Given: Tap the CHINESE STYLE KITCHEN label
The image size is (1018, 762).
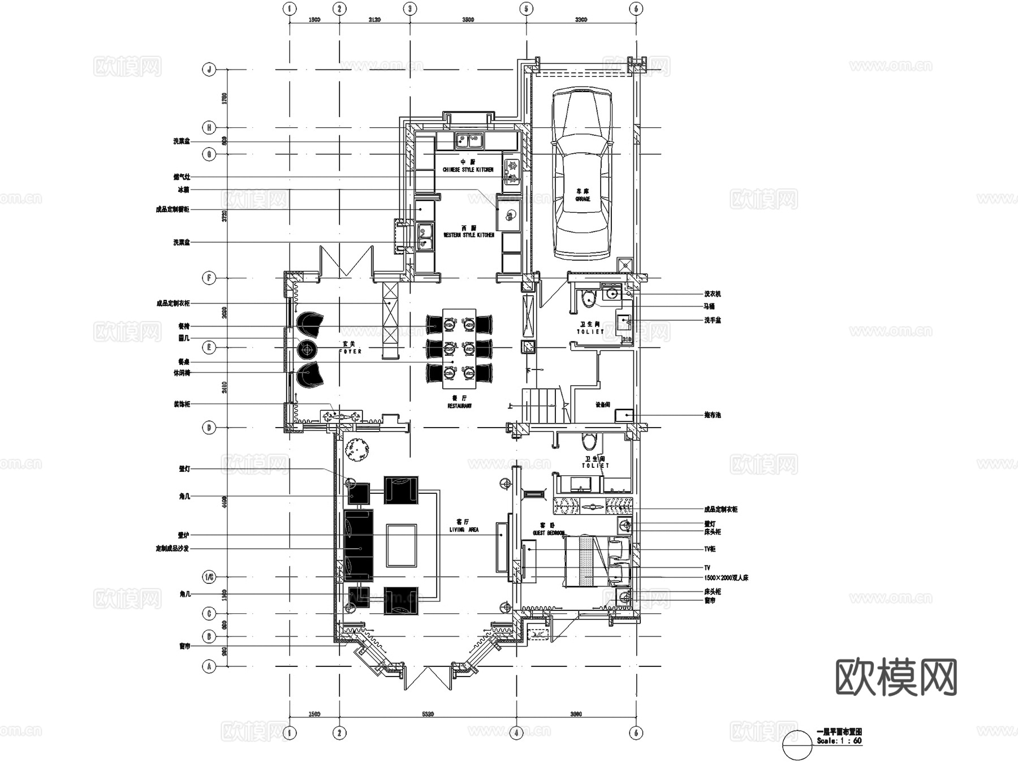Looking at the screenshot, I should click(468, 170).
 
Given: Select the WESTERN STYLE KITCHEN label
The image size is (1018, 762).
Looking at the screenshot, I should click(469, 235).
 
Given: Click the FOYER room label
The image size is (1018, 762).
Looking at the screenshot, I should click(350, 351).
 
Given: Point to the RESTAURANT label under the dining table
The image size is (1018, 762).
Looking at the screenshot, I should click(459, 406).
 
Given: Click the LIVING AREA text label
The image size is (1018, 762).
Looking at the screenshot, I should click(464, 529).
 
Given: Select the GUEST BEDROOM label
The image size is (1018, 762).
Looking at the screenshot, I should click(548, 533).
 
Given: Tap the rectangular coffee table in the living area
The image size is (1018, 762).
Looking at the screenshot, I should click(402, 545).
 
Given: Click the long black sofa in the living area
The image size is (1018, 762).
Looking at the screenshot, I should click(359, 545).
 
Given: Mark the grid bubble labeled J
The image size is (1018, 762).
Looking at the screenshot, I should click(209, 70).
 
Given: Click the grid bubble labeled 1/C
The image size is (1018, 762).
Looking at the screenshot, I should click(209, 577).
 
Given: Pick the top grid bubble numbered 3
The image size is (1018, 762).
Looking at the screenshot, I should click(410, 8).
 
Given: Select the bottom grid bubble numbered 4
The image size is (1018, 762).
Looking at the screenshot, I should click(516, 733).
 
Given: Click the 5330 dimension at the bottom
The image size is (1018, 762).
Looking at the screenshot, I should click(428, 714).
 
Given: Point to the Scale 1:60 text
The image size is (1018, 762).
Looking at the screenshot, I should click(839, 741).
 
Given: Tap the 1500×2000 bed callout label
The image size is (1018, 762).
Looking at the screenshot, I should click(726, 578).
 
